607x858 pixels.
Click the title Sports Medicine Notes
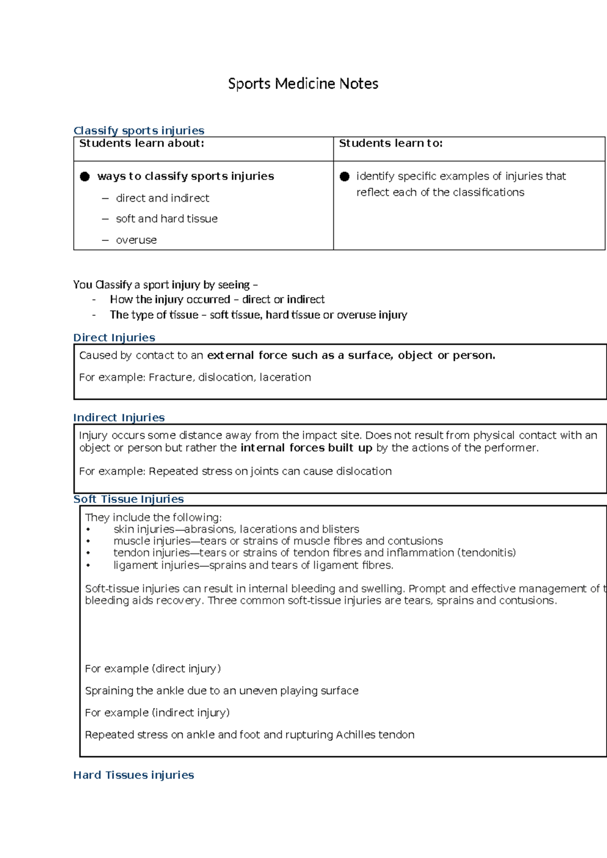coord(303,83)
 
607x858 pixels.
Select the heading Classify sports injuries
coord(139,131)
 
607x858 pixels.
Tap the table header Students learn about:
coord(142,144)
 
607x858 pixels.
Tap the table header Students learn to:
coord(391,144)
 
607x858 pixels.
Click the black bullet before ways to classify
coord(85,177)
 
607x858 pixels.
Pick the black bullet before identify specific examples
coord(344,177)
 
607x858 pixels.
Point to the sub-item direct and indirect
coord(162,198)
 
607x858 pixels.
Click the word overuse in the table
coord(136,240)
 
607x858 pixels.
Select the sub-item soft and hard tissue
coord(166,219)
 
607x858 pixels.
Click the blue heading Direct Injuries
coord(114,337)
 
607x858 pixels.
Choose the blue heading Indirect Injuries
coord(119,417)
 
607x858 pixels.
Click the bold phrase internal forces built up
coord(307,448)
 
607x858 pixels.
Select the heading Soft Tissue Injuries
coord(128,499)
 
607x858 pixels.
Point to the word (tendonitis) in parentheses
coord(486,553)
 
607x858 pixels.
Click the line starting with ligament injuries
coord(253,566)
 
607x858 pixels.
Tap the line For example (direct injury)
coord(153,669)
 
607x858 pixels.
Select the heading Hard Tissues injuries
coord(134,775)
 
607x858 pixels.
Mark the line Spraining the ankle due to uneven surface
coord(222,691)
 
